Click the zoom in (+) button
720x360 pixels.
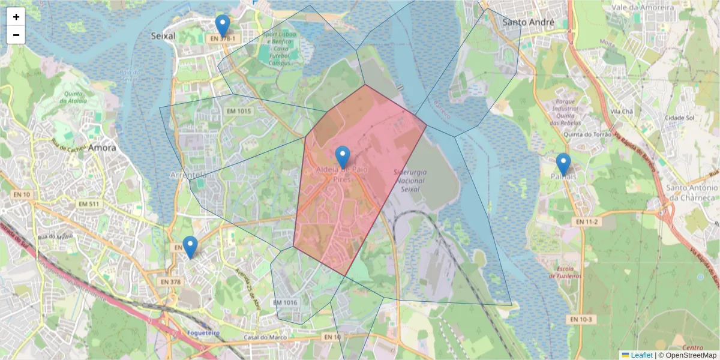16,17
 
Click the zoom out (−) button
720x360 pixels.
16,35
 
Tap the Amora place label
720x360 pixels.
102,147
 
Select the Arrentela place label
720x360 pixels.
188,175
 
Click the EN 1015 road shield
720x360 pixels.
238,111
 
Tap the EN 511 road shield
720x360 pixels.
89,205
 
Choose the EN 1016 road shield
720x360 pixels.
285,302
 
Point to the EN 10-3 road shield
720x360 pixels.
581,319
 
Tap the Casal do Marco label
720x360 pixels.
265,337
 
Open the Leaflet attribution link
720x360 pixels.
641,355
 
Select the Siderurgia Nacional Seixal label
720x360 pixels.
410,181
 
